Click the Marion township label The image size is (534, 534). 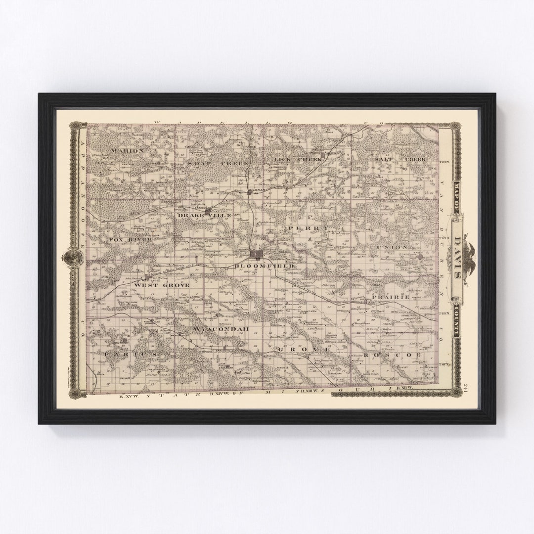click(127, 150)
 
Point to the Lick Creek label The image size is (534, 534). click(297, 159)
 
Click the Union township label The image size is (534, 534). click(392, 247)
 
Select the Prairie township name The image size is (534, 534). click(391, 297)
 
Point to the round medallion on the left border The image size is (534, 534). click(73, 257)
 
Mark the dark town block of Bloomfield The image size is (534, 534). click(256, 254)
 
